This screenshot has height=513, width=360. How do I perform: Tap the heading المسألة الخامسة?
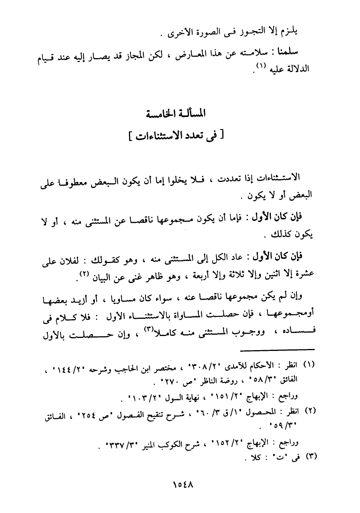coord(177,114)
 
